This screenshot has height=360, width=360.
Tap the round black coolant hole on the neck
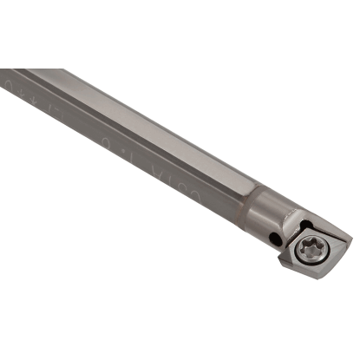[274, 238]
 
